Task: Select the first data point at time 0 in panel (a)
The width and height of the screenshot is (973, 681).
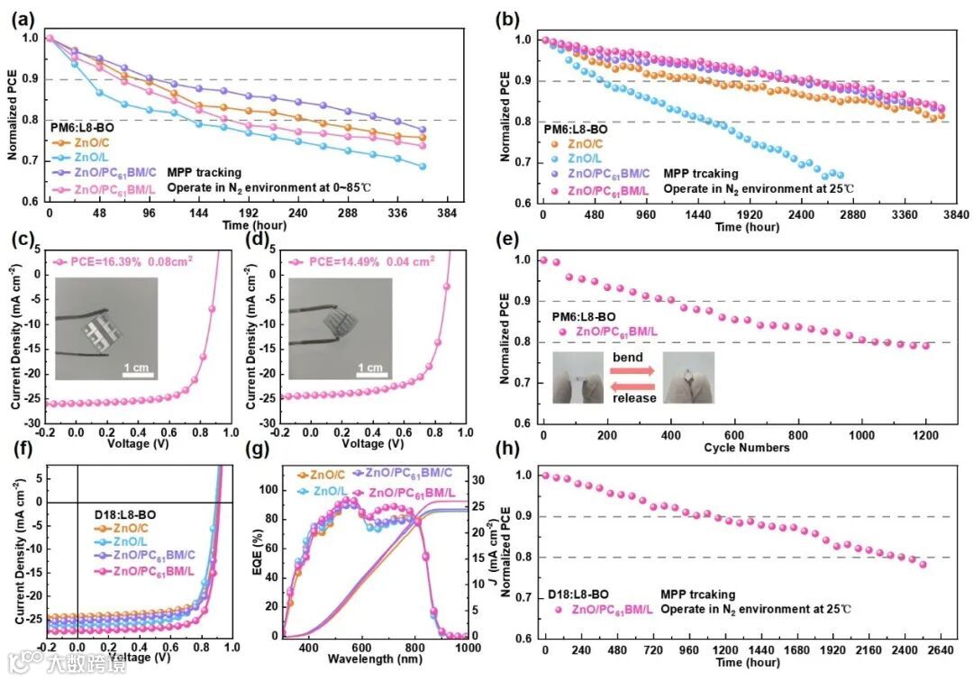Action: click(x=49, y=38)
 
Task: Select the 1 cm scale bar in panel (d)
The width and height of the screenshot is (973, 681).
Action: click(x=373, y=375)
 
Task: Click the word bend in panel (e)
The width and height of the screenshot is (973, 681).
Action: click(x=629, y=358)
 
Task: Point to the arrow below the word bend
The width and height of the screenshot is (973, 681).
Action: click(x=629, y=371)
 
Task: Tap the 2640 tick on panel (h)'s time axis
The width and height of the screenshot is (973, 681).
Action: click(x=940, y=650)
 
